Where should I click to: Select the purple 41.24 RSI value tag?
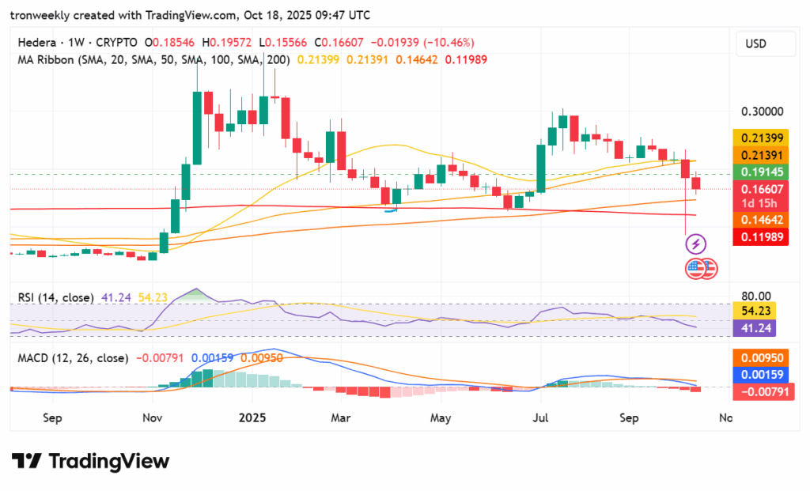tap(755, 327)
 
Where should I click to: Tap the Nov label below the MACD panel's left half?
tap(153, 417)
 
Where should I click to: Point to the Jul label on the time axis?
tap(542, 417)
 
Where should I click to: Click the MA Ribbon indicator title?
tap(45, 59)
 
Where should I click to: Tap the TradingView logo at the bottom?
tap(90, 462)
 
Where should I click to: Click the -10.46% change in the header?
tap(449, 42)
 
